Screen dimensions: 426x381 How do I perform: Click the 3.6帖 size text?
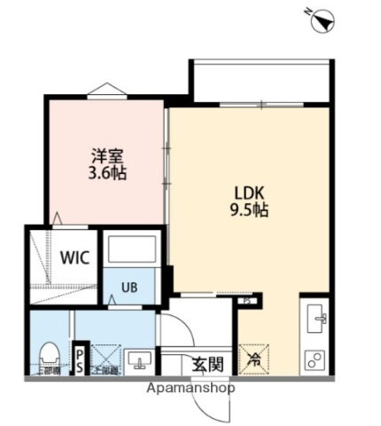[x=107, y=172]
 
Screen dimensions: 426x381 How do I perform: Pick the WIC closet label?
[x=74, y=258]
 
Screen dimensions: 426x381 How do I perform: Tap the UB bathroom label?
[x=129, y=287]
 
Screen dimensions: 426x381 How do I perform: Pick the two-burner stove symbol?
[x=315, y=359]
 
